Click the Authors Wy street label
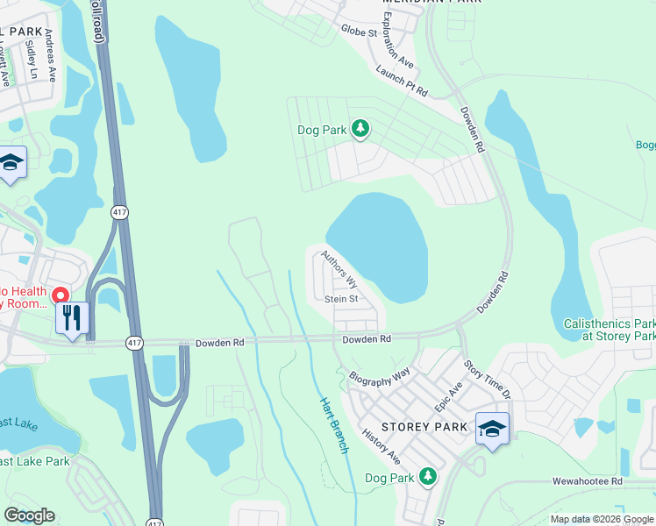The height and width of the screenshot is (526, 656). point(339,269)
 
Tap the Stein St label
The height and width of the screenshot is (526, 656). point(341,299)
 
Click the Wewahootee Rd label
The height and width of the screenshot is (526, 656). point(587,481)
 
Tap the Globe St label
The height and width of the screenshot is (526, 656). point(359,32)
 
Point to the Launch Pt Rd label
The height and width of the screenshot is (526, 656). point(401,81)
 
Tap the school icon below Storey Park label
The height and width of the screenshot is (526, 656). point(493,429)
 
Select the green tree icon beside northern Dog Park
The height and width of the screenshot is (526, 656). point(360,130)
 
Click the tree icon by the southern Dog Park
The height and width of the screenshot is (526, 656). point(427,476)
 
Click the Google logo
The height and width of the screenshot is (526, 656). point(29,515)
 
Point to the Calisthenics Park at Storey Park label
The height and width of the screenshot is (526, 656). point(609,330)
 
